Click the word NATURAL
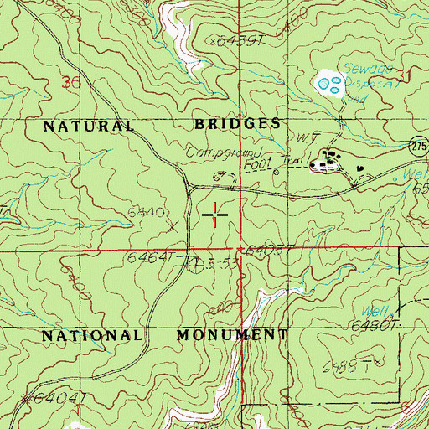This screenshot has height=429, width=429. (x=88, y=126)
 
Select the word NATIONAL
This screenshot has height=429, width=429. (x=92, y=335)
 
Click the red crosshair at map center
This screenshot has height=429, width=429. (x=216, y=215)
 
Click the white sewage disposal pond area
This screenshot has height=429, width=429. (x=328, y=83)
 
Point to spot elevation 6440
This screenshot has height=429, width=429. (x=144, y=213)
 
